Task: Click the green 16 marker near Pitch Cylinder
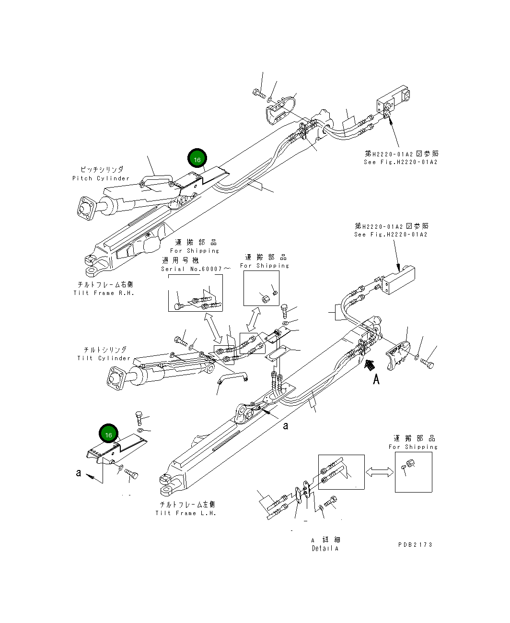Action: pyautogui.click(x=197, y=159)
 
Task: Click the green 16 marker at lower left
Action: pyautogui.click(x=108, y=435)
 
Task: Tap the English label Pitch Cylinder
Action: pyautogui.click(x=101, y=178)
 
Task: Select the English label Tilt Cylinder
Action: pyautogui.click(x=104, y=358)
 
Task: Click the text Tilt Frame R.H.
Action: pyautogui.click(x=104, y=293)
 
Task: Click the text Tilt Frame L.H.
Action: pyautogui.click(x=186, y=513)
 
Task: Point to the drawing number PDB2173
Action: pyautogui.click(x=415, y=545)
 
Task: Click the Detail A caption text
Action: pyautogui.click(x=325, y=549)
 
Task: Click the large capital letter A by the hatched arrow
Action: pyautogui.click(x=376, y=380)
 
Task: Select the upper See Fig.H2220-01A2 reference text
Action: pyautogui.click(x=401, y=162)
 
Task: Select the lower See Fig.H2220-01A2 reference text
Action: pyautogui.click(x=391, y=235)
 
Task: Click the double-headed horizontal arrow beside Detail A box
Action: pyautogui.click(x=380, y=472)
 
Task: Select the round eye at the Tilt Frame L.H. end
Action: pyautogui.click(x=165, y=479)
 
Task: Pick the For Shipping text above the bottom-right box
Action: pyautogui.click(x=413, y=447)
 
